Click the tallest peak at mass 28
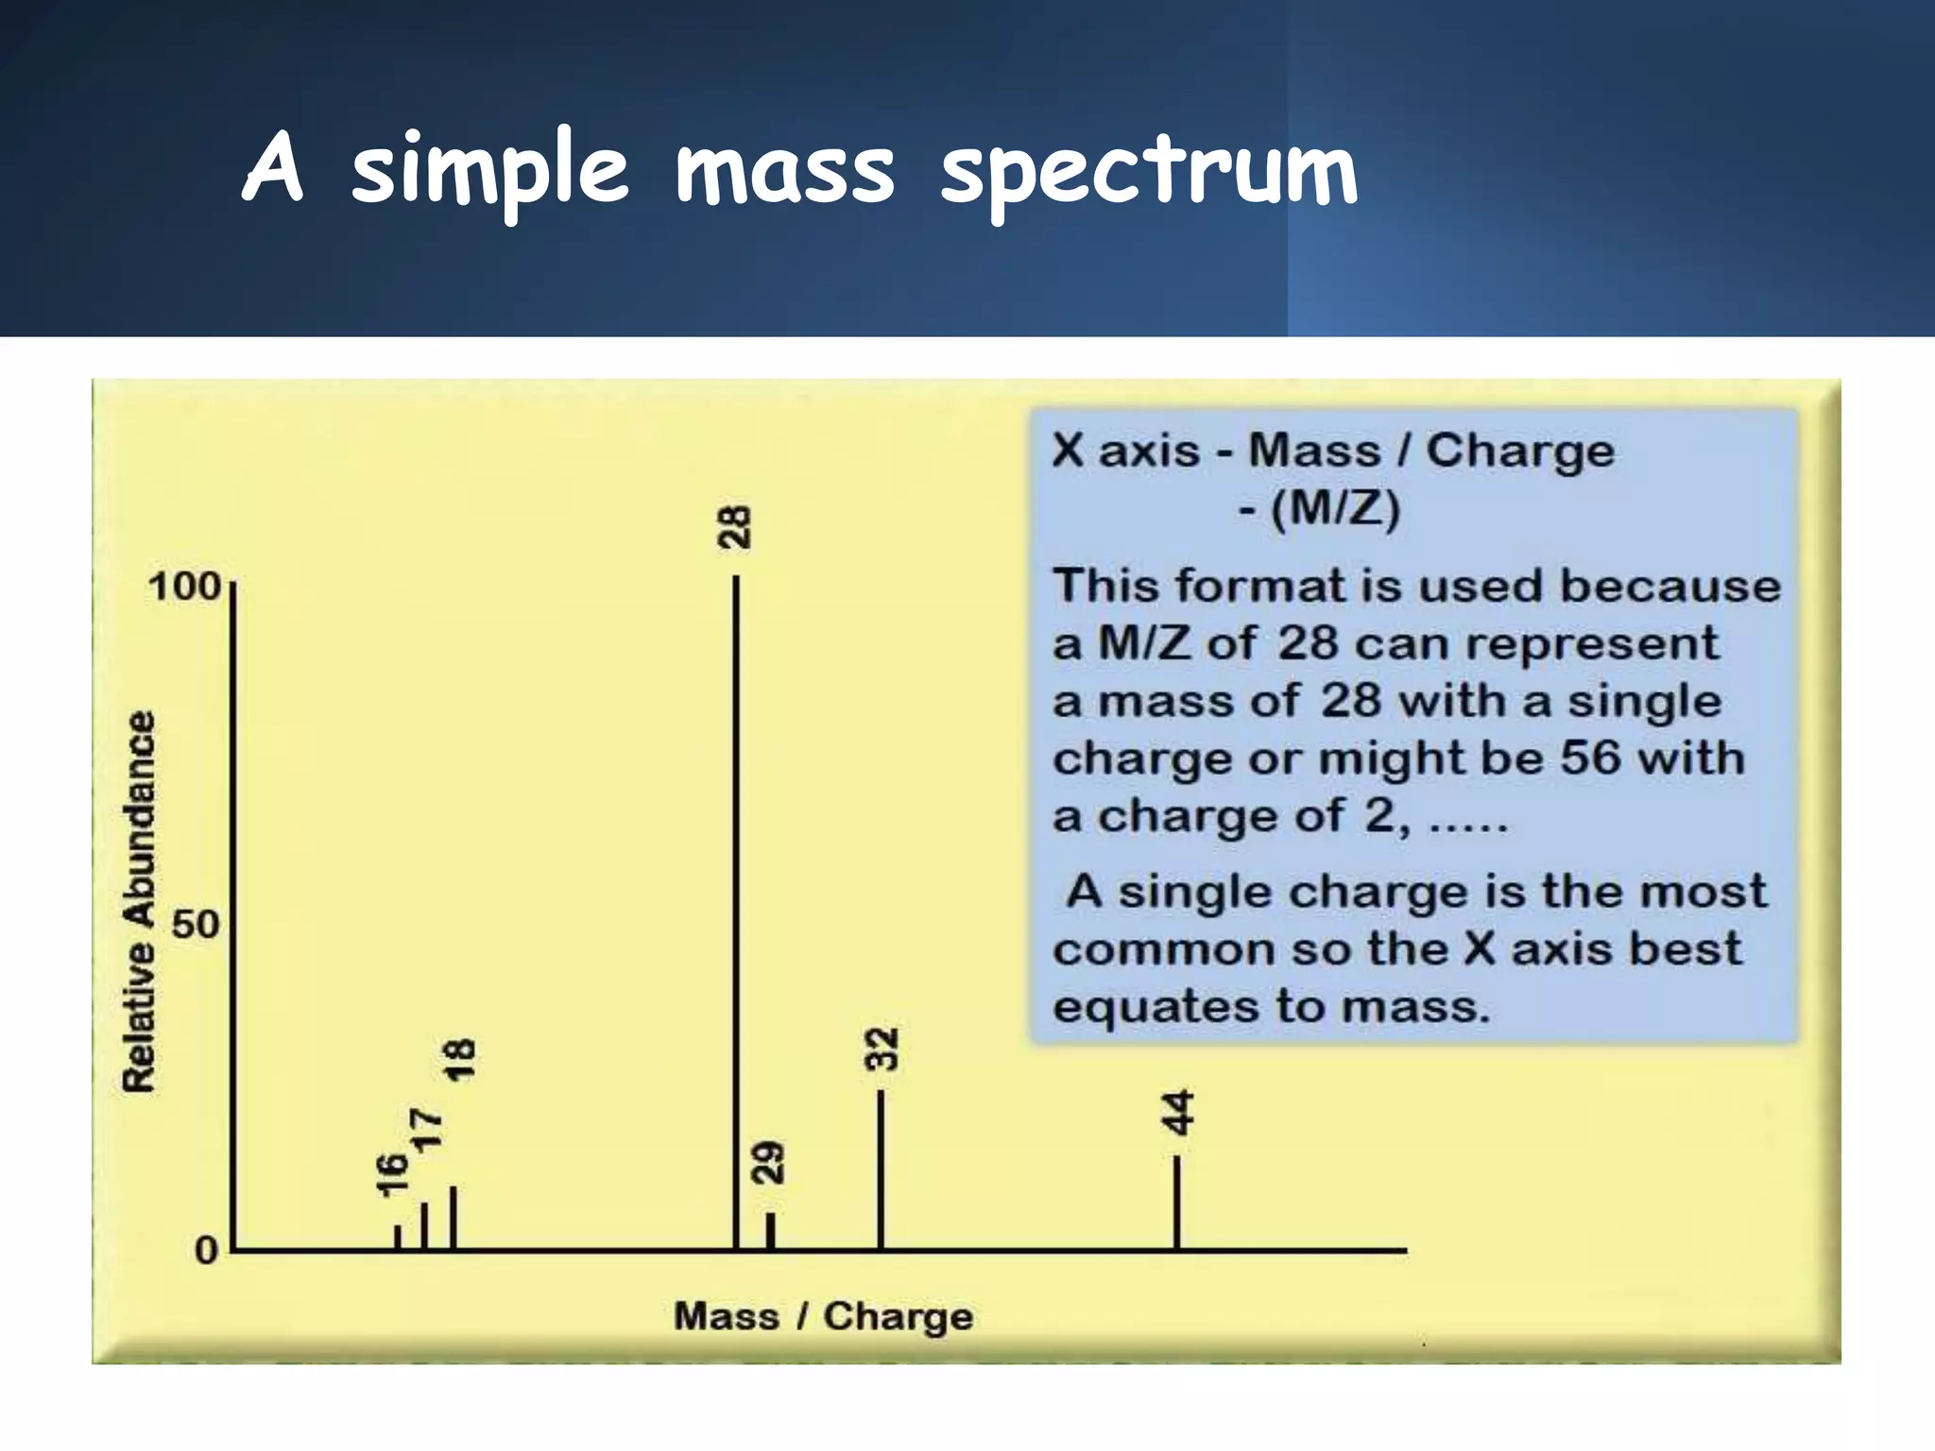pos(736,907)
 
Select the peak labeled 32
pos(881,1171)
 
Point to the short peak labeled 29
pos(770,1230)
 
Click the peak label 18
pos(460,1061)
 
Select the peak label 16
pos(392,1175)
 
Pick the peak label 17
pos(426,1130)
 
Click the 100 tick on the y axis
pos(184,587)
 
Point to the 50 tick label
pos(196,924)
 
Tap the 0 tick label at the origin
pos(206,1252)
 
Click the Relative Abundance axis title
pos(140,902)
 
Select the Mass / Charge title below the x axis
pos(823,1316)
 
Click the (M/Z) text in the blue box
pos(1334,510)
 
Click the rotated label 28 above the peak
pos(735,527)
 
